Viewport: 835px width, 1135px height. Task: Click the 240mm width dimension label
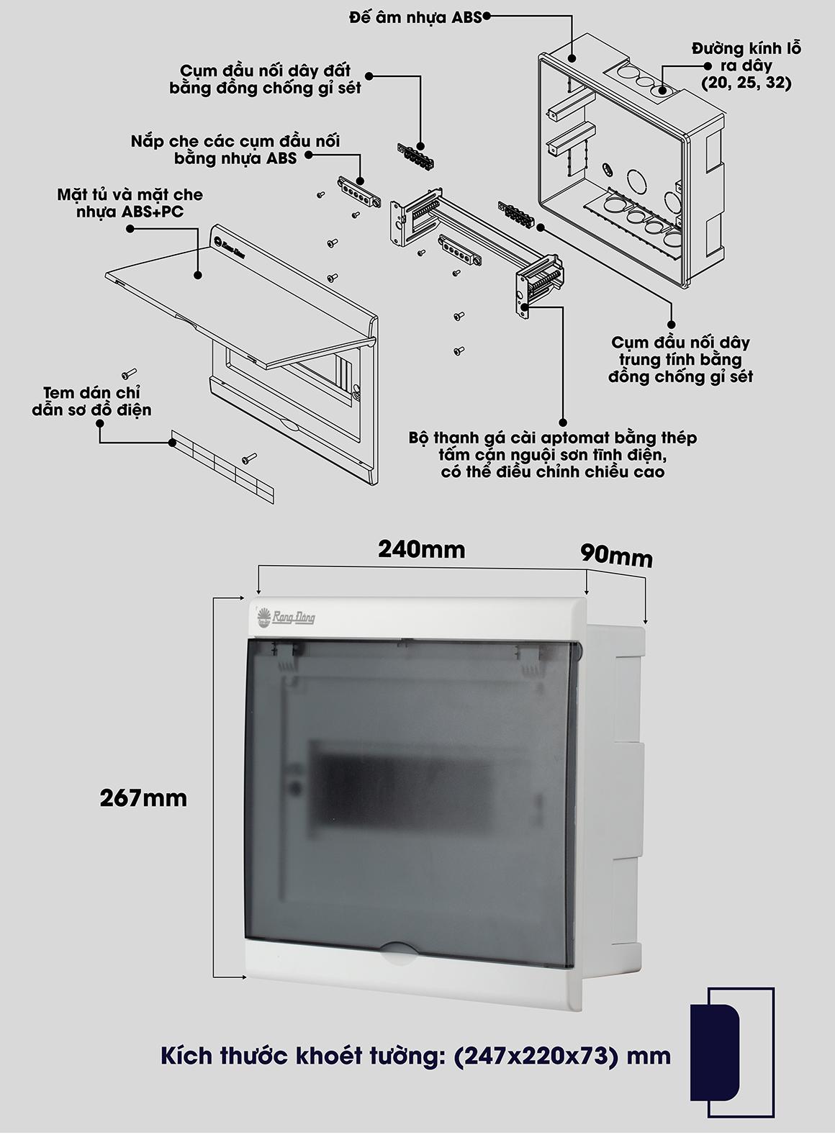point(422,550)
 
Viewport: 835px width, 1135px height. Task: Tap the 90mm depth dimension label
point(617,556)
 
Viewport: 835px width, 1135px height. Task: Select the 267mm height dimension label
point(143,798)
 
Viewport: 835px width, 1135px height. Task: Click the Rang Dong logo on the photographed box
point(286,617)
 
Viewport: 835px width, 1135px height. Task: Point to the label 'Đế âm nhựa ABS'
point(415,18)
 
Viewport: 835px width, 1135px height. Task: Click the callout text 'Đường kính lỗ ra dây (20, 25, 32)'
point(747,66)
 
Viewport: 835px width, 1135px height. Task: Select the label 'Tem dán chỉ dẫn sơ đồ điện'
point(91,402)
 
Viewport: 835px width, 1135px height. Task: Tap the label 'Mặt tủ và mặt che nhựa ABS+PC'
point(130,203)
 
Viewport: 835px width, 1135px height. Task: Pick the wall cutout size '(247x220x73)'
point(536,1057)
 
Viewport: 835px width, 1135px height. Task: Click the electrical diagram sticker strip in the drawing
point(223,466)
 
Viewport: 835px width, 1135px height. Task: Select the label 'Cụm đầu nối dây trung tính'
point(680,359)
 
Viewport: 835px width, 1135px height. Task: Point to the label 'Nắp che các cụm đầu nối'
point(235,150)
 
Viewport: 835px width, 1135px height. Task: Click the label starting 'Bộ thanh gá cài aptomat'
point(553,455)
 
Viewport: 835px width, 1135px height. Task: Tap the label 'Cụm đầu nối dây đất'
point(266,79)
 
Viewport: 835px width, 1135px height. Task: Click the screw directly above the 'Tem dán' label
point(129,374)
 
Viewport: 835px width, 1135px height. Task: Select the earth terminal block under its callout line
point(415,156)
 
